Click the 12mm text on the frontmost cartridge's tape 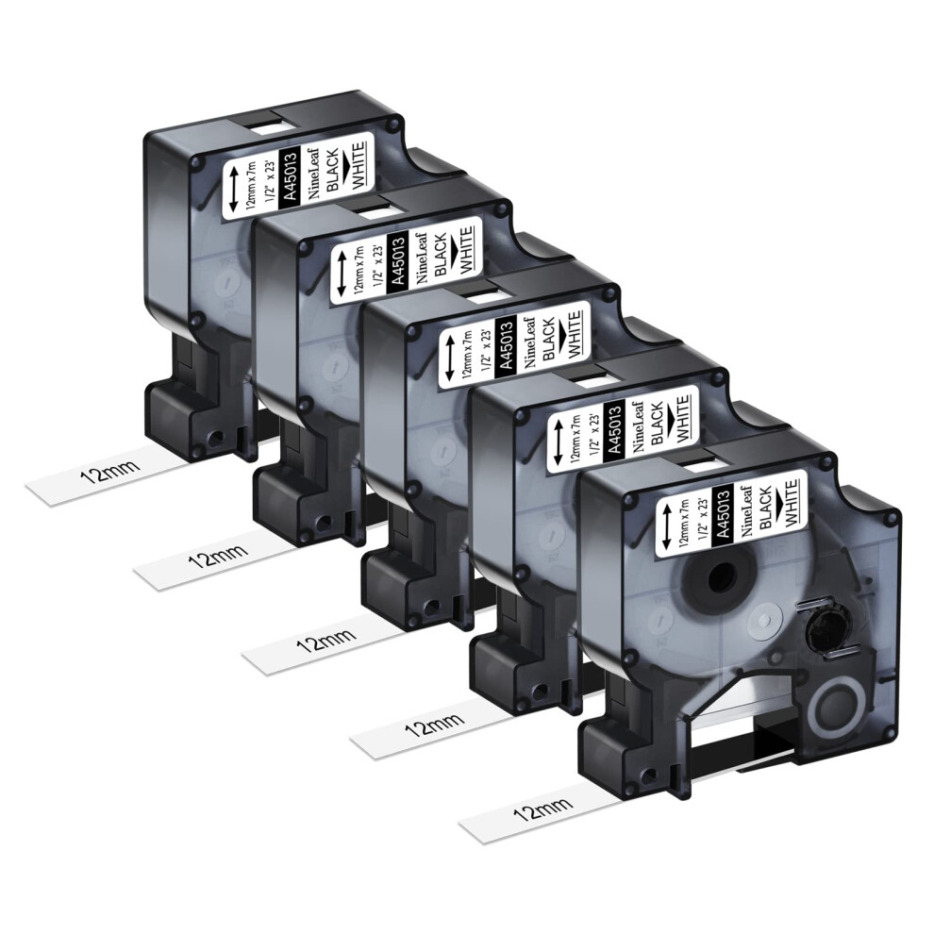542,809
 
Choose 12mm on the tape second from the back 217,555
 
